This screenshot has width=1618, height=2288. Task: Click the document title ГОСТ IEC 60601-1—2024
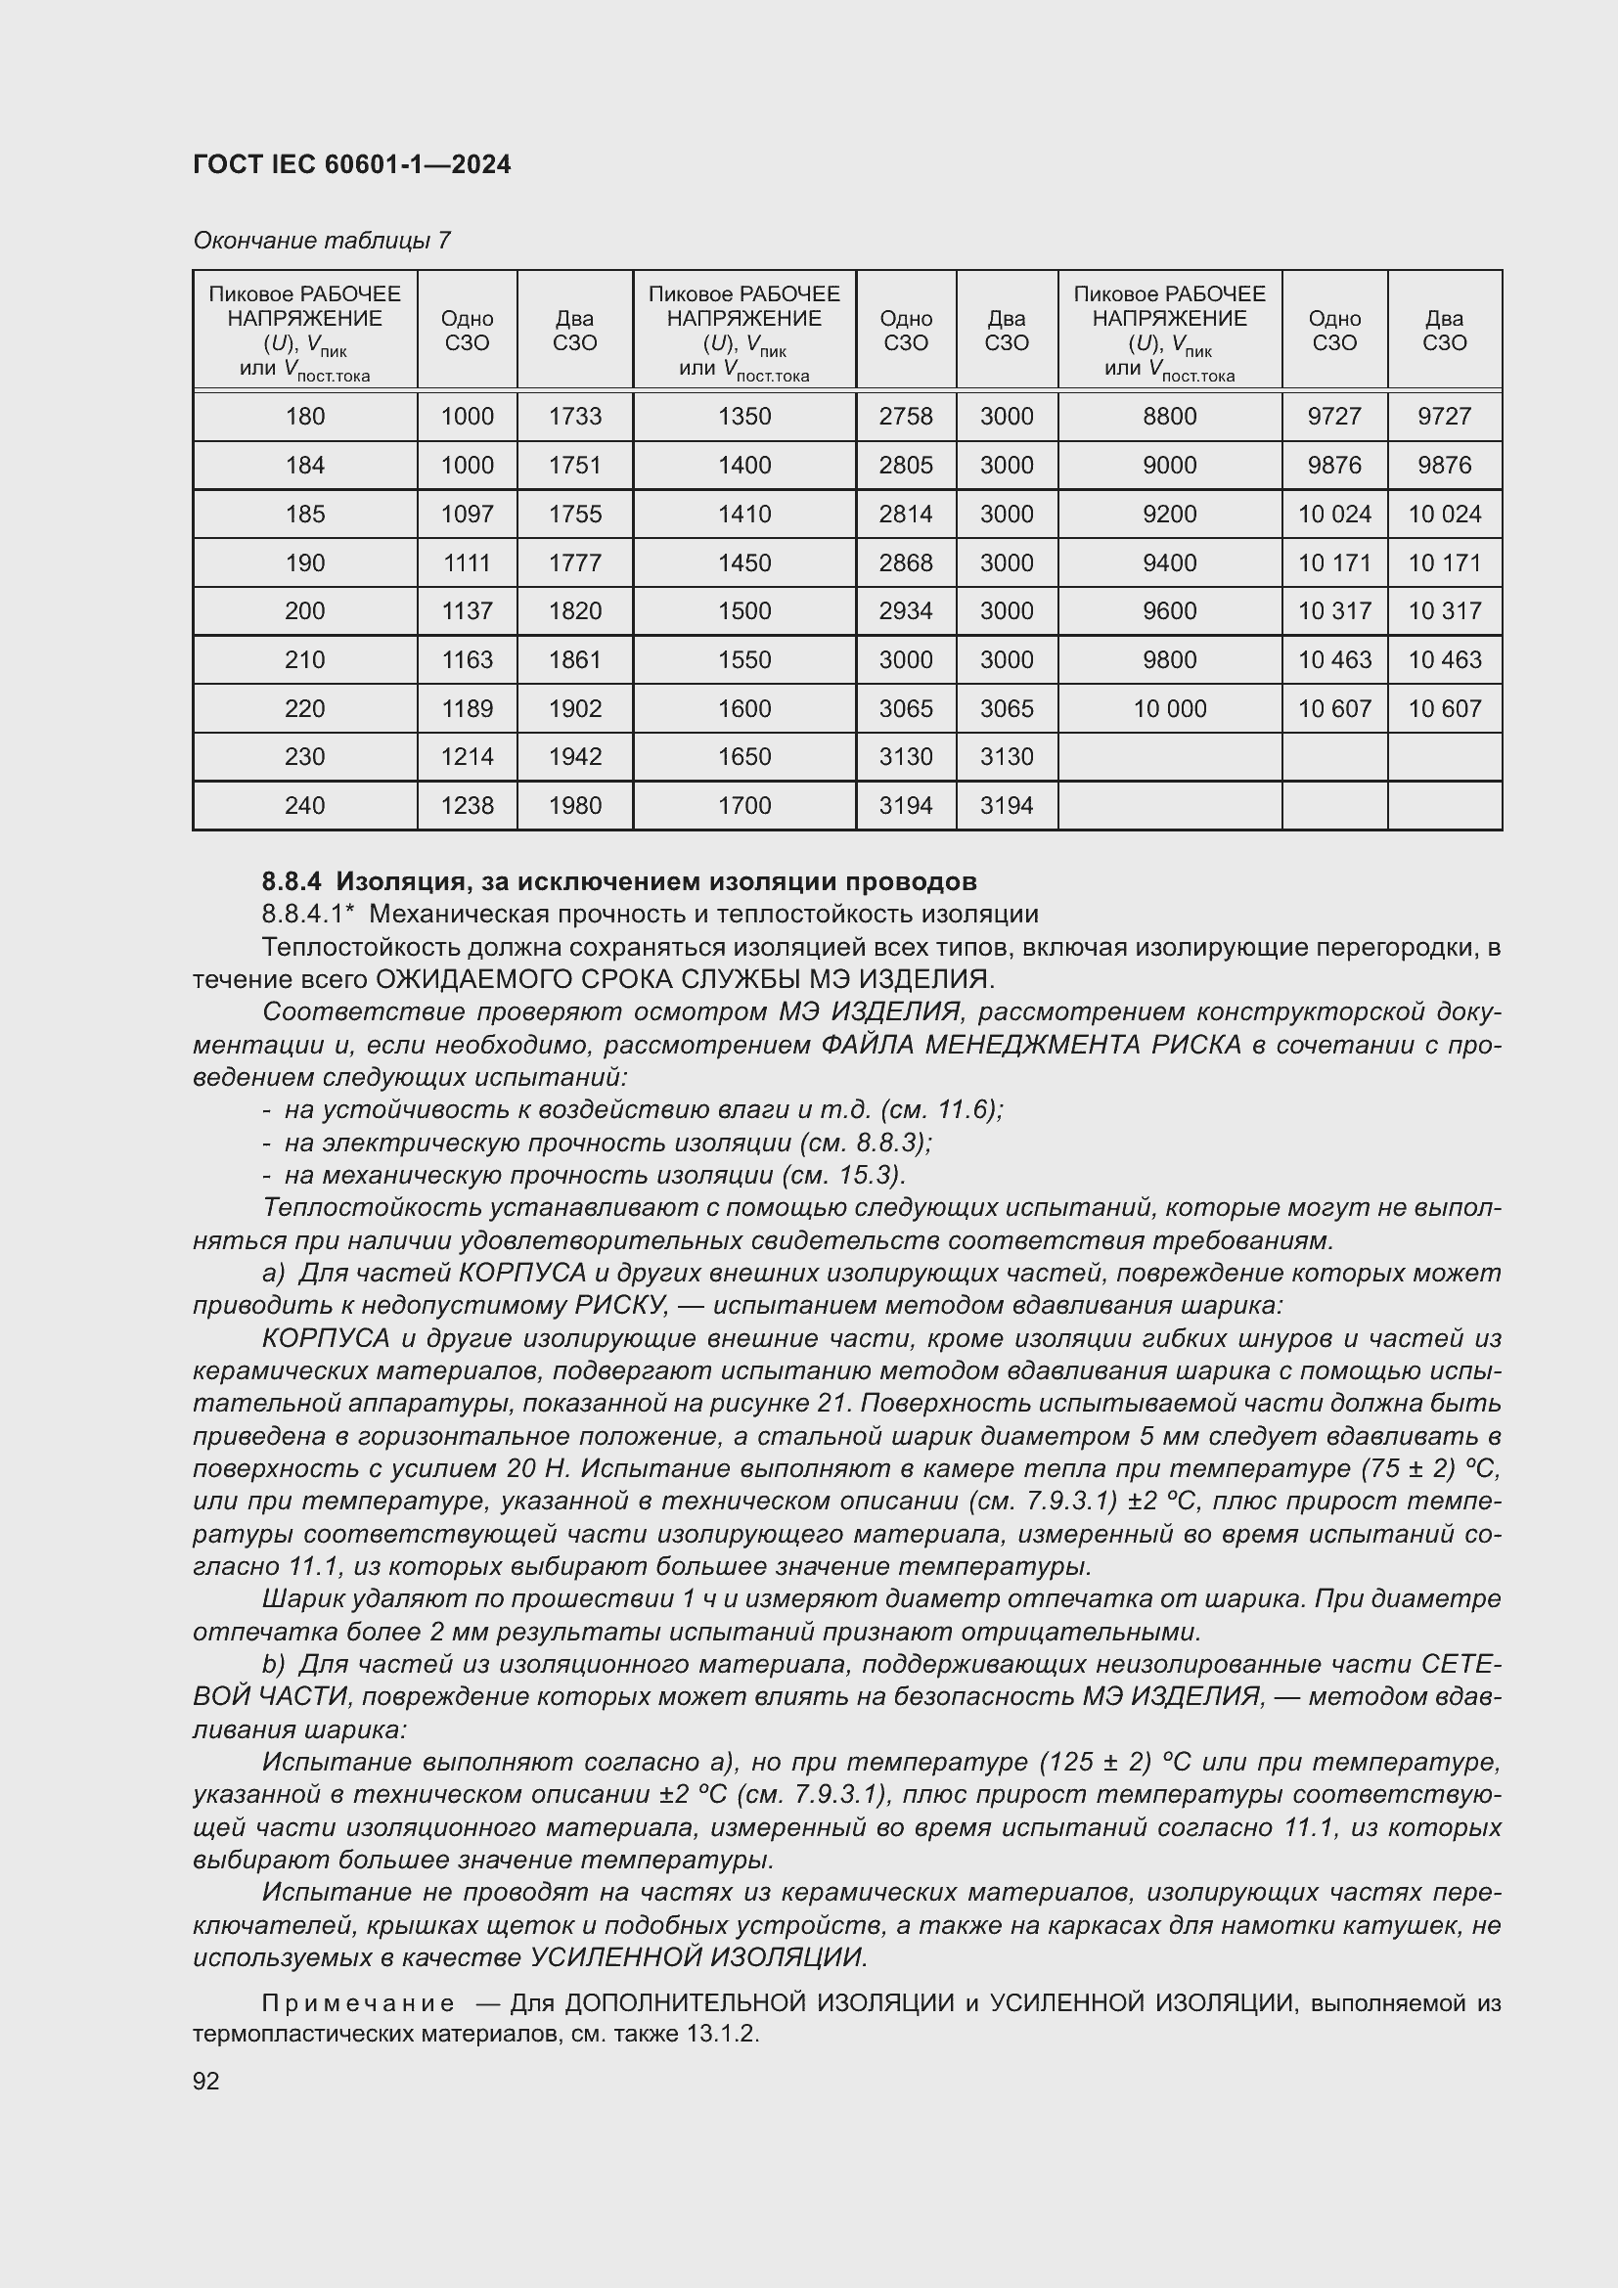click(x=351, y=164)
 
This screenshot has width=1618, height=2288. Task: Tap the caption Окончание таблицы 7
click(x=321, y=241)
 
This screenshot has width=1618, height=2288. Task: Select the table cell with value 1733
click(x=575, y=417)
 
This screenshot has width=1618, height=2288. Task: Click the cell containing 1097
click(x=467, y=515)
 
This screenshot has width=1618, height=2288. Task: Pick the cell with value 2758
click(x=905, y=417)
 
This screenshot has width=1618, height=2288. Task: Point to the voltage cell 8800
click(x=1169, y=417)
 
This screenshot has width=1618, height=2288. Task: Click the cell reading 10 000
click(x=1169, y=708)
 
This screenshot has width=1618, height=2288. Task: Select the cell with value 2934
click(x=905, y=610)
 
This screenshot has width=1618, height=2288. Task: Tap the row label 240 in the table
click(x=304, y=805)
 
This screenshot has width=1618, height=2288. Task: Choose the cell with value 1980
click(x=575, y=805)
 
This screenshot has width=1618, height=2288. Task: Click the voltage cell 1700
click(x=743, y=805)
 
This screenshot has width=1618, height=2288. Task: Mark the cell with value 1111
click(x=467, y=563)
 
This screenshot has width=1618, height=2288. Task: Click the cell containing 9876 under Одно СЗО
click(x=1333, y=466)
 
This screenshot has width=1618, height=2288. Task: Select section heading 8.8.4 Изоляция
click(x=617, y=881)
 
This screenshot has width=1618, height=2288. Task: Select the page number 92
click(x=206, y=2081)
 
